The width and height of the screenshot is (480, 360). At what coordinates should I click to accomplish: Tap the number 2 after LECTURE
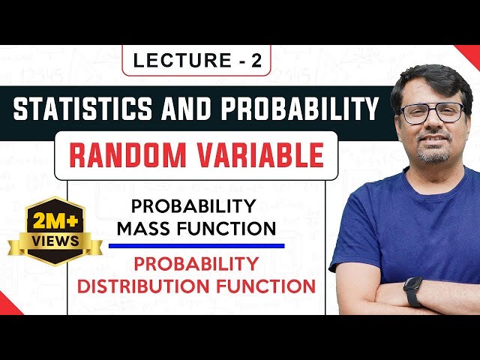256,62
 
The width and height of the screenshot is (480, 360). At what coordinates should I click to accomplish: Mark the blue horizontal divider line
196,245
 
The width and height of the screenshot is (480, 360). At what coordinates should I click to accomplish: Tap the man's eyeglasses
431,113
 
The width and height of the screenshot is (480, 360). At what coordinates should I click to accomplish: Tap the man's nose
433,126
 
